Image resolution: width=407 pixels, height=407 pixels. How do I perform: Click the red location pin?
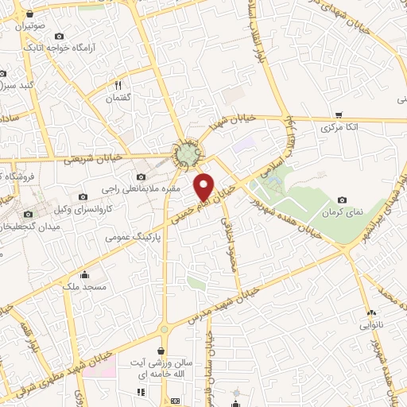coord(205,186)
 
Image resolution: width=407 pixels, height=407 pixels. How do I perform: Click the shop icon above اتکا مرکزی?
coord(339,114)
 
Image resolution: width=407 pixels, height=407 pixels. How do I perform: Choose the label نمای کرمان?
coord(343,214)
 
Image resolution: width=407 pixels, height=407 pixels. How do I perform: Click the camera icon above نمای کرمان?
coord(343,200)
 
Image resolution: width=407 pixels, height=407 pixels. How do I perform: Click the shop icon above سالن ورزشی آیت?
coord(162,351)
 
